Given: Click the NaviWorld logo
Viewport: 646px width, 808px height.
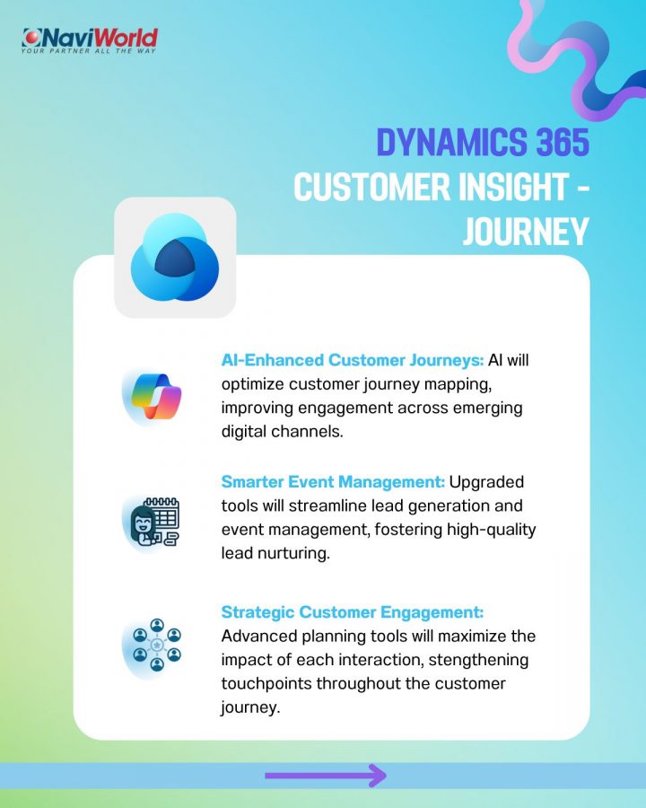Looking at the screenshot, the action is [90, 40].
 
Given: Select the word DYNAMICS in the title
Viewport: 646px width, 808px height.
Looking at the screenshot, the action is [452, 142].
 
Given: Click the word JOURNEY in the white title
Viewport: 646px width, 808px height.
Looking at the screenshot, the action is [526, 232].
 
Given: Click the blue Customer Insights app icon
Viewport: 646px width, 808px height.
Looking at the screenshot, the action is [175, 257].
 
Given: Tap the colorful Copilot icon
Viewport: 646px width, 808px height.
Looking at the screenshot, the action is [154, 396].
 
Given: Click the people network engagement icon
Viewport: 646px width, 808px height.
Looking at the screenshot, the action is [157, 646].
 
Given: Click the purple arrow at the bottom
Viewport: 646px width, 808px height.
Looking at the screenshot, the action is [326, 775].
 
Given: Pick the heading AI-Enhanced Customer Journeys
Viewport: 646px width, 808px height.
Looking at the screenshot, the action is [353, 360].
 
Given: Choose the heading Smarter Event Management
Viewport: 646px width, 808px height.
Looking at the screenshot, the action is [333, 482].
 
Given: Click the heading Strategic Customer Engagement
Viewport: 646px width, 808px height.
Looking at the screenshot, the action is [353, 612].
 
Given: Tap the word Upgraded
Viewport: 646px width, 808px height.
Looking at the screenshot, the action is [486, 482].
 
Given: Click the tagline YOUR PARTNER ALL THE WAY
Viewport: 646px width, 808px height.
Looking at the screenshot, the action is [88, 51].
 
